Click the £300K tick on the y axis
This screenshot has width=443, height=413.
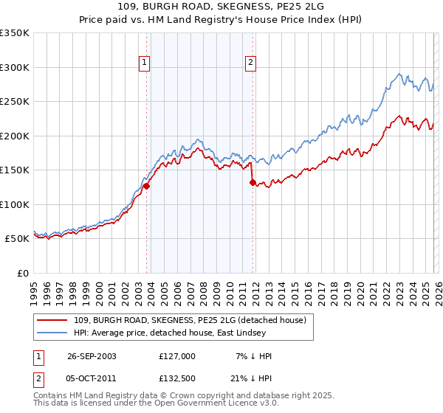click(15, 67)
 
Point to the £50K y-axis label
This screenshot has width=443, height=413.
click(17, 239)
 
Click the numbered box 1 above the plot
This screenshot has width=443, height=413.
click(145, 63)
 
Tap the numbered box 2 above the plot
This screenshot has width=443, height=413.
click(251, 63)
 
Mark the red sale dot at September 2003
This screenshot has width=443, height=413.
click(147, 186)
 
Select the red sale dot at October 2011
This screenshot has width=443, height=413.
click(253, 182)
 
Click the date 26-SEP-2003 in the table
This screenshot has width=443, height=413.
click(92, 356)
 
